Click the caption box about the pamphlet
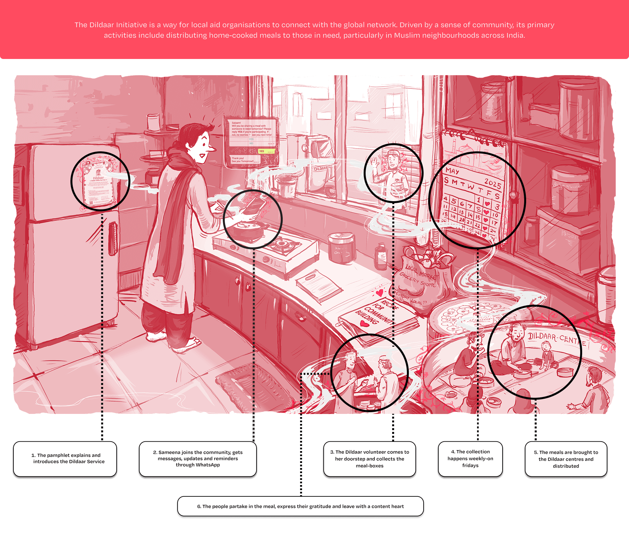click(x=65, y=458)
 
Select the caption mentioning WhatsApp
click(x=198, y=458)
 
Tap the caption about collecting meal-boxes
click(x=370, y=459)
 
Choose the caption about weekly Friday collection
click(x=470, y=458)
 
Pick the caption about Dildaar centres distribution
click(x=566, y=459)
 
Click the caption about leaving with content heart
click(x=300, y=506)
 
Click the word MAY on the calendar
click(x=452, y=171)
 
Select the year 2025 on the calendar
click(x=492, y=184)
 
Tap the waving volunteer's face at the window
click(x=392, y=161)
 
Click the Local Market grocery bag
click(x=423, y=278)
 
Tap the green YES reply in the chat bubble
click(x=266, y=151)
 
